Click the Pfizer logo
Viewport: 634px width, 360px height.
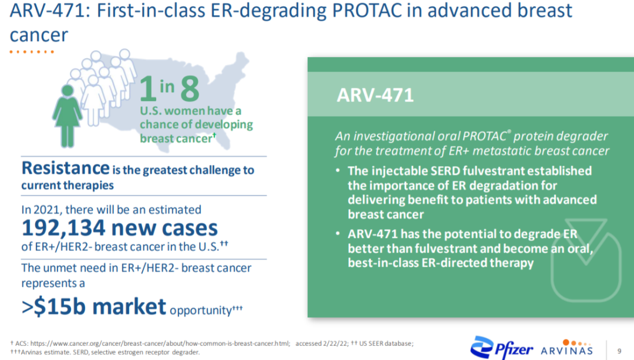pos(501,348)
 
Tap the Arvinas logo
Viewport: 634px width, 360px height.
pos(567,348)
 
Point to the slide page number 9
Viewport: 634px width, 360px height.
pos(619,351)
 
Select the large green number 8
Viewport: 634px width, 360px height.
pos(190,89)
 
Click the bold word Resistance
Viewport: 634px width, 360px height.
pos(66,168)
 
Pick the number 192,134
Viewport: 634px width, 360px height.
pos(63,228)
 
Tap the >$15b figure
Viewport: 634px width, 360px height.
pos(54,307)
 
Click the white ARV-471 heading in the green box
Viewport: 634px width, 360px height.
pos(375,96)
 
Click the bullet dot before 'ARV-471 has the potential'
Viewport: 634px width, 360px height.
pos(338,234)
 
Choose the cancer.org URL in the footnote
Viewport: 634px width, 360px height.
pos(160,344)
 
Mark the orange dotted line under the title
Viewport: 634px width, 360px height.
pos(32,52)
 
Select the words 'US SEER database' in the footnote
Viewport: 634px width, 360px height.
pos(385,344)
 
